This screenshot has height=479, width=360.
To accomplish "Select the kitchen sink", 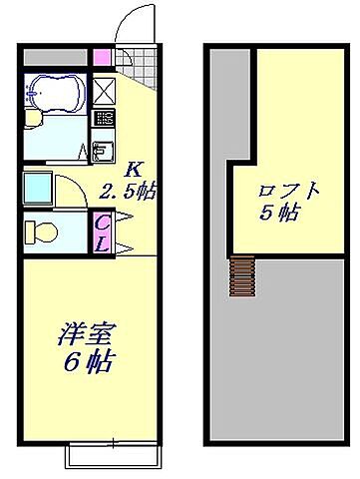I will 102,151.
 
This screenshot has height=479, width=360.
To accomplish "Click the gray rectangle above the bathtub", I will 55,57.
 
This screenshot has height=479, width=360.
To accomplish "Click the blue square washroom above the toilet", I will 39,187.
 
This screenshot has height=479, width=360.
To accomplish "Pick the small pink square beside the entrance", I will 101,57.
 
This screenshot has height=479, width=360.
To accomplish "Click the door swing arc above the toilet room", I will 72,188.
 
